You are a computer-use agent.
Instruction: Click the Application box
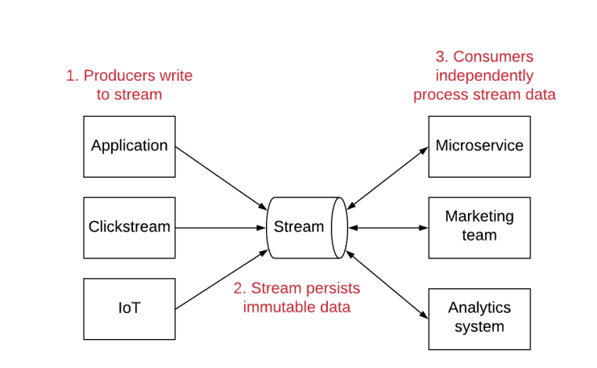(x=129, y=146)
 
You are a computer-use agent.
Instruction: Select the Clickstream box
(x=129, y=227)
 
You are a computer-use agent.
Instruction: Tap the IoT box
(x=129, y=308)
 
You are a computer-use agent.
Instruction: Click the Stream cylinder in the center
(x=299, y=227)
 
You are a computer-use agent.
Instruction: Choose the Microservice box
(x=479, y=146)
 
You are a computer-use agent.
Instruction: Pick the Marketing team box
(x=479, y=227)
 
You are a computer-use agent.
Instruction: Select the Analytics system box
(x=479, y=318)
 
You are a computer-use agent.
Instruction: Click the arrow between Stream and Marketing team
(x=387, y=227)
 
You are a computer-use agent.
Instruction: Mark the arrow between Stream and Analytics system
(x=387, y=285)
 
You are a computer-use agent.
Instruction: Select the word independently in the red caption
(x=484, y=76)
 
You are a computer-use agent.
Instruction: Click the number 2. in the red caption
(x=239, y=287)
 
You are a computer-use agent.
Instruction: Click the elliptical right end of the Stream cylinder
(x=339, y=227)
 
